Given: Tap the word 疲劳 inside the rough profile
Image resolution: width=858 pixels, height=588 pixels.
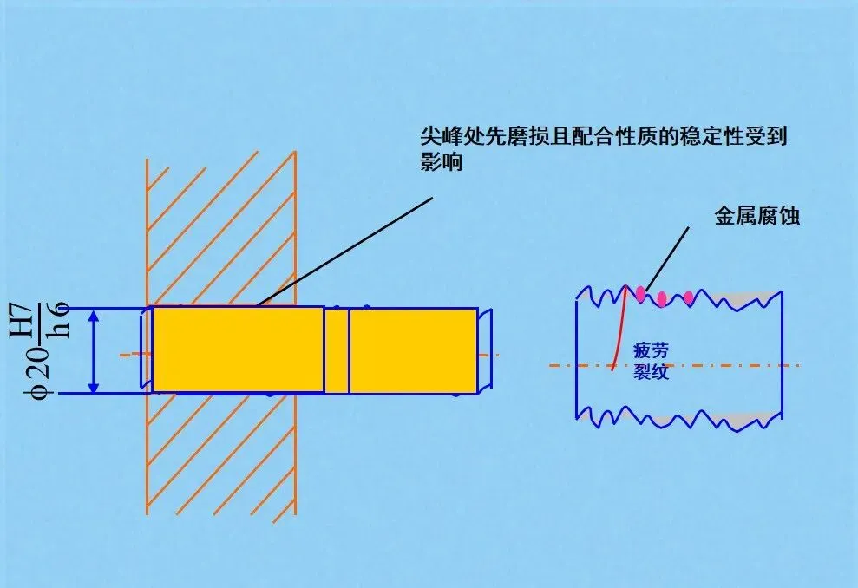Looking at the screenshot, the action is coord(652,350).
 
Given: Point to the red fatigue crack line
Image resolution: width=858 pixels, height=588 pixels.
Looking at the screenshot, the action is coord(619,330).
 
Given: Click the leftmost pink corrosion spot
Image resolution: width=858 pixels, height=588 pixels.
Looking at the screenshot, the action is coord(641,294).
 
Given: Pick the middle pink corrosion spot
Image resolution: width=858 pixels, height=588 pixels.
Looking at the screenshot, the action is coord(662,299).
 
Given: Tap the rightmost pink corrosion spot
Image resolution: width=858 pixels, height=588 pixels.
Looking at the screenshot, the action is coord(689,298).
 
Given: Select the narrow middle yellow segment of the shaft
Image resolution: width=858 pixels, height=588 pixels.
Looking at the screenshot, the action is coord(337,350).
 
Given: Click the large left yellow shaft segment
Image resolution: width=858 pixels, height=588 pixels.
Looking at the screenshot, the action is coord(238,350).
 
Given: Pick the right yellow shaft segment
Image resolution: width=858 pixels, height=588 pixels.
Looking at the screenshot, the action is coord(412,350).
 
